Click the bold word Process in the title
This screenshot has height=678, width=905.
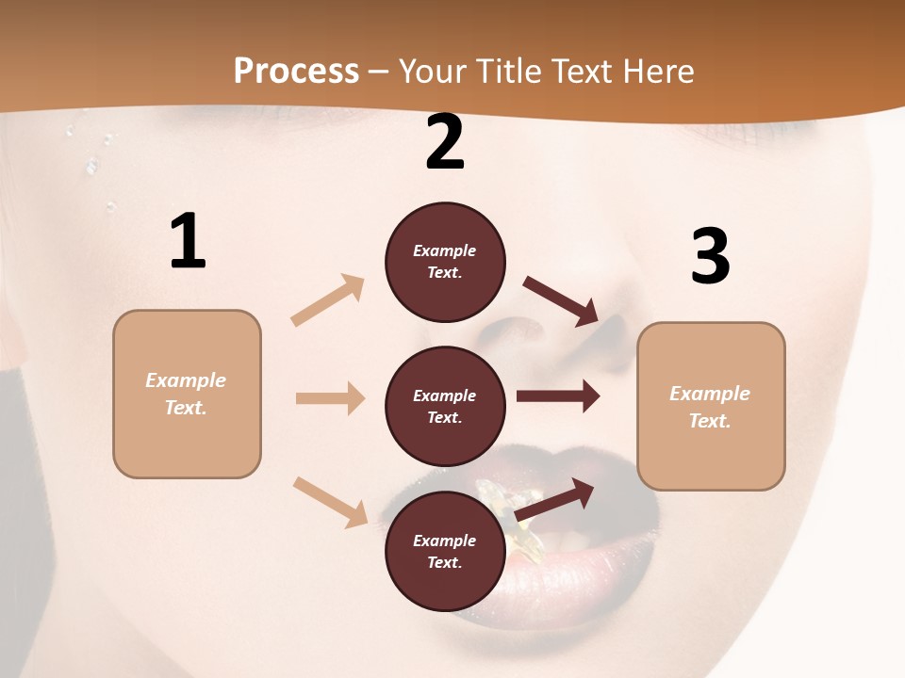[296, 71]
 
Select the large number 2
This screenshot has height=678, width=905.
[445, 142]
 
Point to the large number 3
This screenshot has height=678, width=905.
[710, 256]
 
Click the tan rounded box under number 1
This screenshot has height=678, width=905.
[187, 394]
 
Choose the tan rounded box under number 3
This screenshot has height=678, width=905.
[711, 406]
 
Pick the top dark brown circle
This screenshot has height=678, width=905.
[445, 262]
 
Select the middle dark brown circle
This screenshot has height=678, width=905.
[445, 406]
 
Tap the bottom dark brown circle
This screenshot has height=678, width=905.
[445, 551]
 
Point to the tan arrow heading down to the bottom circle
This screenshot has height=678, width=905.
[330, 501]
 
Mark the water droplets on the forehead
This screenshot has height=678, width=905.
[91, 165]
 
